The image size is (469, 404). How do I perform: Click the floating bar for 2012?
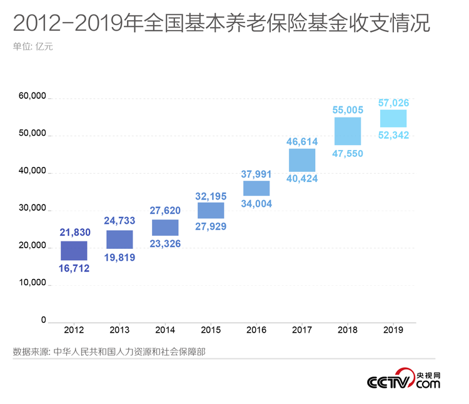coord(74,251)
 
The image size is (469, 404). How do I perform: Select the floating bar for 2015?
coord(211,211)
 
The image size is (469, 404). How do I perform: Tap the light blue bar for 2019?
coord(393,118)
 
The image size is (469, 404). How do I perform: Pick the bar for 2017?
coord(302,160)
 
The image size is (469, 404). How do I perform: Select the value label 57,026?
coord(393,102)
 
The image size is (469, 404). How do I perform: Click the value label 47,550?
coord(347,153)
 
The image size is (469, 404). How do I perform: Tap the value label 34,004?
coord(256,203)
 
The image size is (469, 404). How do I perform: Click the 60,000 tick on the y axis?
coord(33,96)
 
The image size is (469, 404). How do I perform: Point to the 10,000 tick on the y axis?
coord(33,283)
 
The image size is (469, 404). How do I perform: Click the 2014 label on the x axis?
coord(165,330)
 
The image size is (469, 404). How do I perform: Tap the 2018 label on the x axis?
coord(347,330)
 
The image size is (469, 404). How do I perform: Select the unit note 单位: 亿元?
coord(33,46)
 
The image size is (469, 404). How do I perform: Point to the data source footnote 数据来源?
coord(109,351)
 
